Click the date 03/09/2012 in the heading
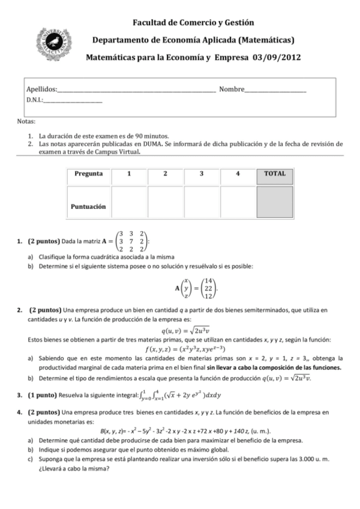point(277,58)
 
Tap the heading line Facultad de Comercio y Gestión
point(193,22)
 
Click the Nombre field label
point(232,89)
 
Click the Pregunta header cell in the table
point(88,174)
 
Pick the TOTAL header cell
point(275,174)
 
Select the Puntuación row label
point(88,205)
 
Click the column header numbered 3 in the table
point(202,174)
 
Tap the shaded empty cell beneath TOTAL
point(275,202)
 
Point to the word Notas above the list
point(26,122)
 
